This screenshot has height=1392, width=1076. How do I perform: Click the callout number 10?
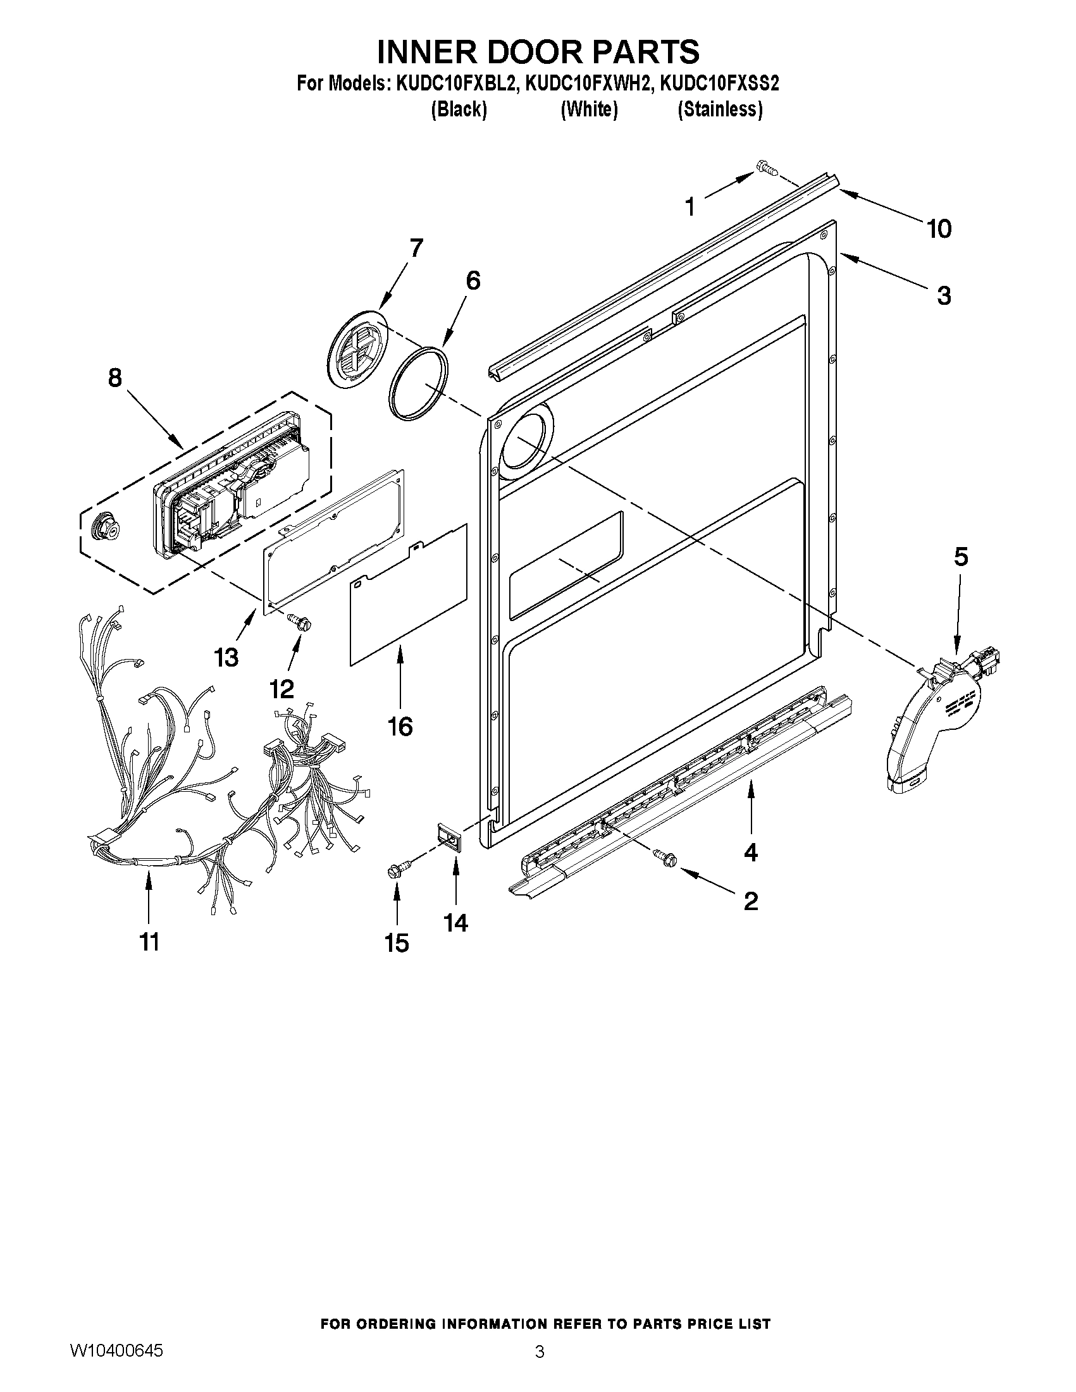(x=938, y=228)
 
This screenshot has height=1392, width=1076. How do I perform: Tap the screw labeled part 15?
(x=397, y=870)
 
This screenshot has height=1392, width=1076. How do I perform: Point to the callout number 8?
(x=114, y=378)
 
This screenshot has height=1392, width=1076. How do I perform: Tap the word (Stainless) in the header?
(x=720, y=109)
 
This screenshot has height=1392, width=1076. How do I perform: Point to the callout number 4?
(x=751, y=852)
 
